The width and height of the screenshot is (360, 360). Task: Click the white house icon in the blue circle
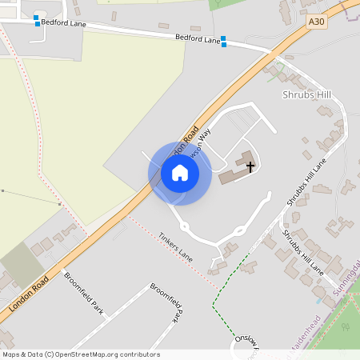coord(180,173)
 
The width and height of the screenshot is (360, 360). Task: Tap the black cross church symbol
coord(250,166)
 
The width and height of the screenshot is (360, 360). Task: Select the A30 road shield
coord(317,25)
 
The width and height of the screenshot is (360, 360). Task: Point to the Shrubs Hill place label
coord(306,94)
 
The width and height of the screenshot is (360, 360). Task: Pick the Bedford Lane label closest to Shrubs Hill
coord(197,39)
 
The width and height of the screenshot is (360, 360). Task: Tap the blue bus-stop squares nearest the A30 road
coord(224,41)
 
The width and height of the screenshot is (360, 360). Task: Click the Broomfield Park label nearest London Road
coord(84,295)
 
